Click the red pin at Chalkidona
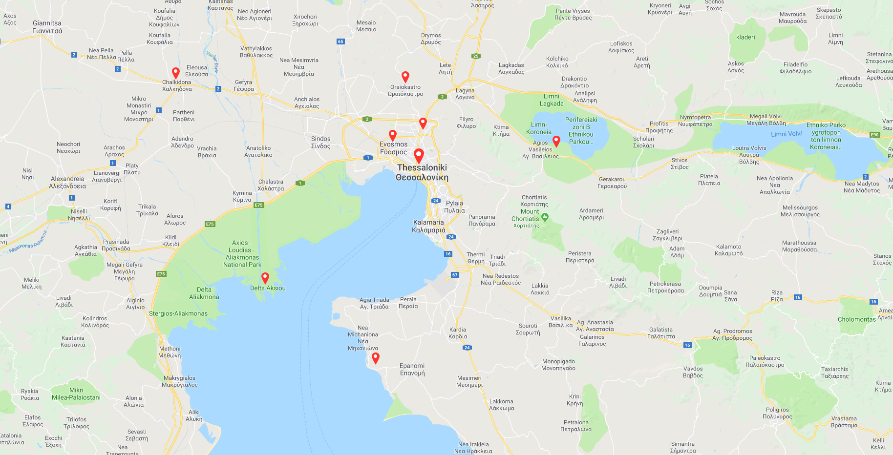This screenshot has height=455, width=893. [176, 73]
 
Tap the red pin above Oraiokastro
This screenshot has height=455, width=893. [405, 76]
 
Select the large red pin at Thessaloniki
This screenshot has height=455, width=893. [419, 155]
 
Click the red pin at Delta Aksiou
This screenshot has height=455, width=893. [265, 277]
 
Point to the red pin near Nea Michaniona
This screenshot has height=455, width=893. [376, 358]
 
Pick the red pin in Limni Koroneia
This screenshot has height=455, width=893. [556, 141]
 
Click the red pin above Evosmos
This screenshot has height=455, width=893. [393, 135]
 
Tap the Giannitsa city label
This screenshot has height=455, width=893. [47, 27]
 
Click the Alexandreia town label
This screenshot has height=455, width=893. [68, 182]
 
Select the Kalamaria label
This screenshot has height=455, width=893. [429, 226]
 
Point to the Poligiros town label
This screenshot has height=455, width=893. [777, 413]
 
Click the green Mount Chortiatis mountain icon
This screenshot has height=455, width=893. [545, 217]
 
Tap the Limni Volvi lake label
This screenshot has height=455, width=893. [786, 134]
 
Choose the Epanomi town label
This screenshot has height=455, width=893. [412, 369]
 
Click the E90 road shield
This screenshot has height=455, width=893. [874, 135]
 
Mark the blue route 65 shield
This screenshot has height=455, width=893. [340, 41]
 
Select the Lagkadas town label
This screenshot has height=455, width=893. [511, 68]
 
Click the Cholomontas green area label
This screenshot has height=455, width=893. [857, 319]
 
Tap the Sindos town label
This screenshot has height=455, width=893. [321, 142]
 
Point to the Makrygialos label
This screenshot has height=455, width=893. [179, 381]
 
